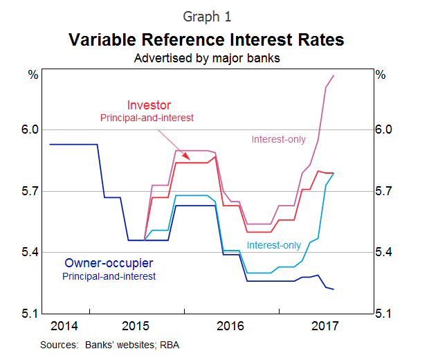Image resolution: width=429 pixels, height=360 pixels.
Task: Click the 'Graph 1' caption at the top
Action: point(206,16)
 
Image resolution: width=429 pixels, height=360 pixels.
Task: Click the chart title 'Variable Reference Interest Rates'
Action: point(206,39)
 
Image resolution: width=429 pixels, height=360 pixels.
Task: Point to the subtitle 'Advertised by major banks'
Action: point(206,58)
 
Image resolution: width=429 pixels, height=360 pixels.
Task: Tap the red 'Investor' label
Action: point(147,105)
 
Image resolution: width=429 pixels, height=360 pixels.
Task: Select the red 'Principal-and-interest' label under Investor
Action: point(147,118)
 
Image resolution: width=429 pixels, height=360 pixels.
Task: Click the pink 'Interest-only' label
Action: point(278,140)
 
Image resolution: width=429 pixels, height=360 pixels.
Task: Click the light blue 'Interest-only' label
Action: point(274,245)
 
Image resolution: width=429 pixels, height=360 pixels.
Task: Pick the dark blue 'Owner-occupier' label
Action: point(109,263)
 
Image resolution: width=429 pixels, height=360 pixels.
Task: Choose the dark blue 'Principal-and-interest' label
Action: point(109,276)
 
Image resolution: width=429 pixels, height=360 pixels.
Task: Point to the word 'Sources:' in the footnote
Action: point(59,344)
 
